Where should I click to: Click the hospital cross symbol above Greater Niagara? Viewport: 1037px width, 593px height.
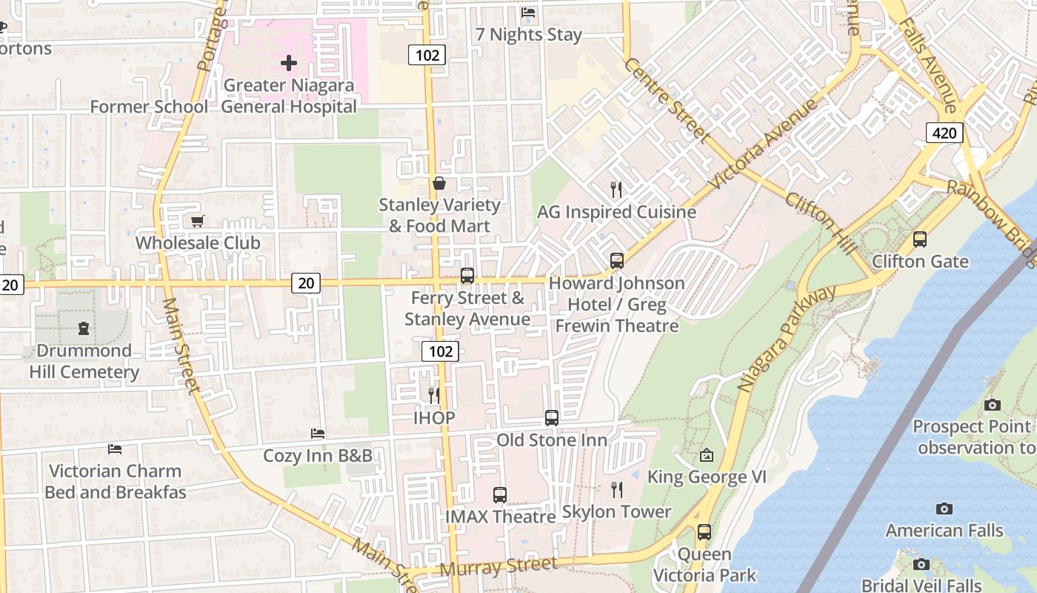[x=289, y=63]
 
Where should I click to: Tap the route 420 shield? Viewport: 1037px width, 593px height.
[x=944, y=133]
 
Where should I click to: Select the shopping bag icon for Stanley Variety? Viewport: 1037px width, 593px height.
[x=439, y=182]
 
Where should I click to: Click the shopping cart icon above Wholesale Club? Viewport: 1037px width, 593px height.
[x=198, y=221]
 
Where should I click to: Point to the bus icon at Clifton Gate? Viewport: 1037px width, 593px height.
[x=920, y=239]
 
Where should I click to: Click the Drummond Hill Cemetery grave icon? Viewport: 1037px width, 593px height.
[x=84, y=328]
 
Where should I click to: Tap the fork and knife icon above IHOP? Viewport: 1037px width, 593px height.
[x=434, y=395]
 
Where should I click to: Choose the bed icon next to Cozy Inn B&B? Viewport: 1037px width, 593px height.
[x=318, y=433]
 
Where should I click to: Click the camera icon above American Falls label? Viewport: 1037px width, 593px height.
[x=944, y=508]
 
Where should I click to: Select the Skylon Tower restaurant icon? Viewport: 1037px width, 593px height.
[x=616, y=489]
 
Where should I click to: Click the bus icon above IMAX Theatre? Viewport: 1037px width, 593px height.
[x=500, y=494]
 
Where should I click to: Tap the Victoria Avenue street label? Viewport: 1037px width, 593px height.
[x=763, y=142]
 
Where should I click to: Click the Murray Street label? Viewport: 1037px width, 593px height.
[x=499, y=567]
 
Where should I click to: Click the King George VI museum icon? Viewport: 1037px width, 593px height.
[x=707, y=454]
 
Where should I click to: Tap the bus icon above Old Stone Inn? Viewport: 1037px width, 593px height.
[x=552, y=417]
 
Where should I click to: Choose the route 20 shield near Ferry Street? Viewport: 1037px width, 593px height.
[x=307, y=282]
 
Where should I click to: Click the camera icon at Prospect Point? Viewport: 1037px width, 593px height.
[x=993, y=405]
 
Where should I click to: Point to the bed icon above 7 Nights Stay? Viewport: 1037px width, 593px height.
[x=528, y=13]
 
